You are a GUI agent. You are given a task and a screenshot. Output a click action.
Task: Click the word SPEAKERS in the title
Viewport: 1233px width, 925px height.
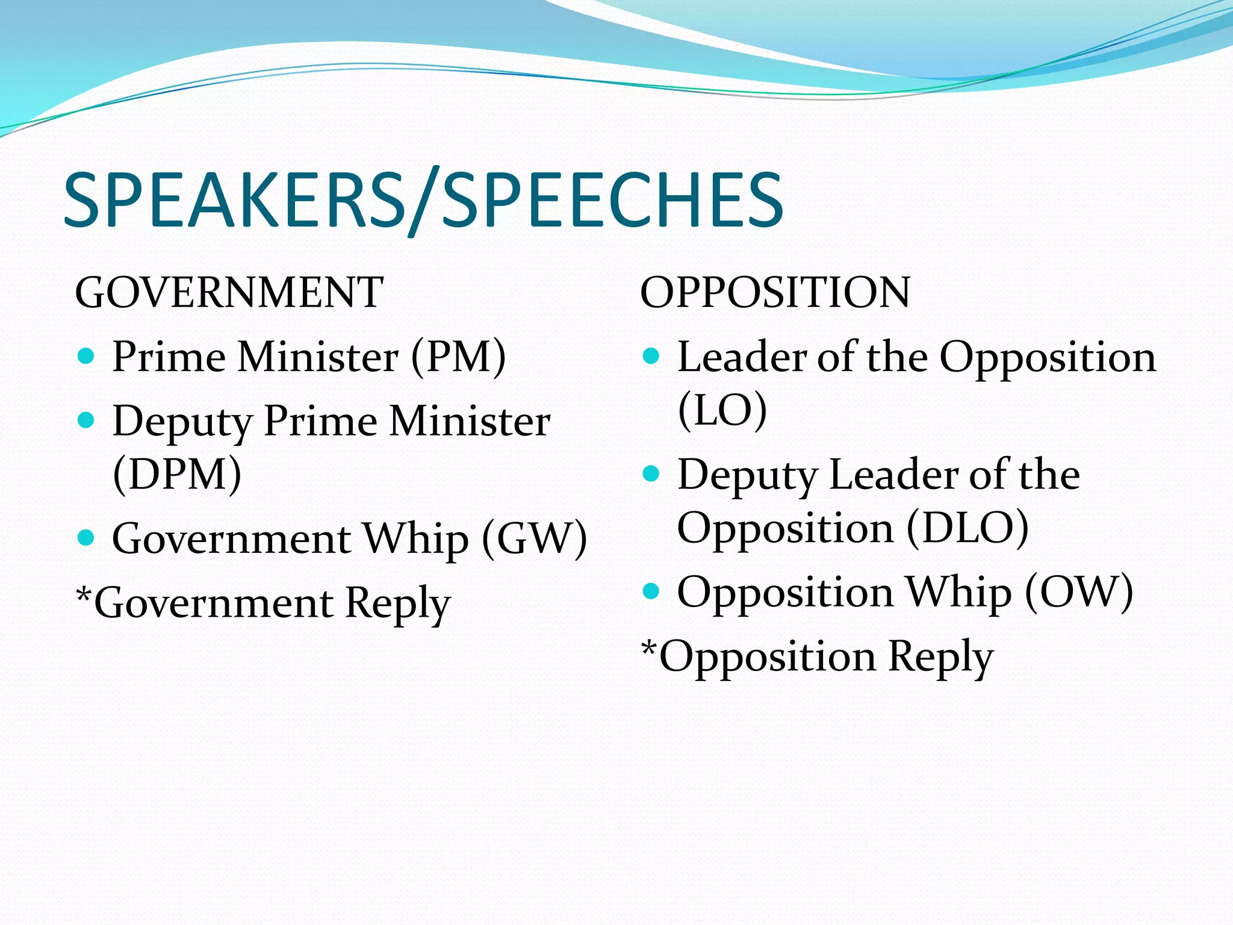pyautogui.click(x=235, y=200)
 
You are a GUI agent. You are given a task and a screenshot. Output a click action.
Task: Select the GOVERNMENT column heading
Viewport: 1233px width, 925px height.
pyautogui.click(x=229, y=293)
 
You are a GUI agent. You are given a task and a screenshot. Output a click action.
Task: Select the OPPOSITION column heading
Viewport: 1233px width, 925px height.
pyautogui.click(x=775, y=293)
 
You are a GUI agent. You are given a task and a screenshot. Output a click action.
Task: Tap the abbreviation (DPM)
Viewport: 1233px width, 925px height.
pyautogui.click(x=177, y=475)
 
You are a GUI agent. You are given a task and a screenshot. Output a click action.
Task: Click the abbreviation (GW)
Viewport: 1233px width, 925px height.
pyautogui.click(x=534, y=538)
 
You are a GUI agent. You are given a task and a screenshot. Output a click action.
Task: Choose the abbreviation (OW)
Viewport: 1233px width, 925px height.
pyautogui.click(x=1079, y=592)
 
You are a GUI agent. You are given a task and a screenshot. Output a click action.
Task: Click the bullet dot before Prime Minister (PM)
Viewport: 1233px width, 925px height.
pyautogui.click(x=87, y=356)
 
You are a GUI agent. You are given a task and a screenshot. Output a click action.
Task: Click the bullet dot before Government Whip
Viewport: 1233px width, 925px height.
pyautogui.click(x=87, y=537)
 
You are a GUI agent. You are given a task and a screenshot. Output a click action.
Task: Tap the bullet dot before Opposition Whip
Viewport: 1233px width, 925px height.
pyautogui.click(x=651, y=591)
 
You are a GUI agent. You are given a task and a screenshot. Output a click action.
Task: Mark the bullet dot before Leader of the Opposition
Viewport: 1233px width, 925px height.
pyautogui.click(x=651, y=356)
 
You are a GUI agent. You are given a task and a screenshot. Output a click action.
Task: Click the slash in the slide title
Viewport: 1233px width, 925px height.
pyautogui.click(x=425, y=202)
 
